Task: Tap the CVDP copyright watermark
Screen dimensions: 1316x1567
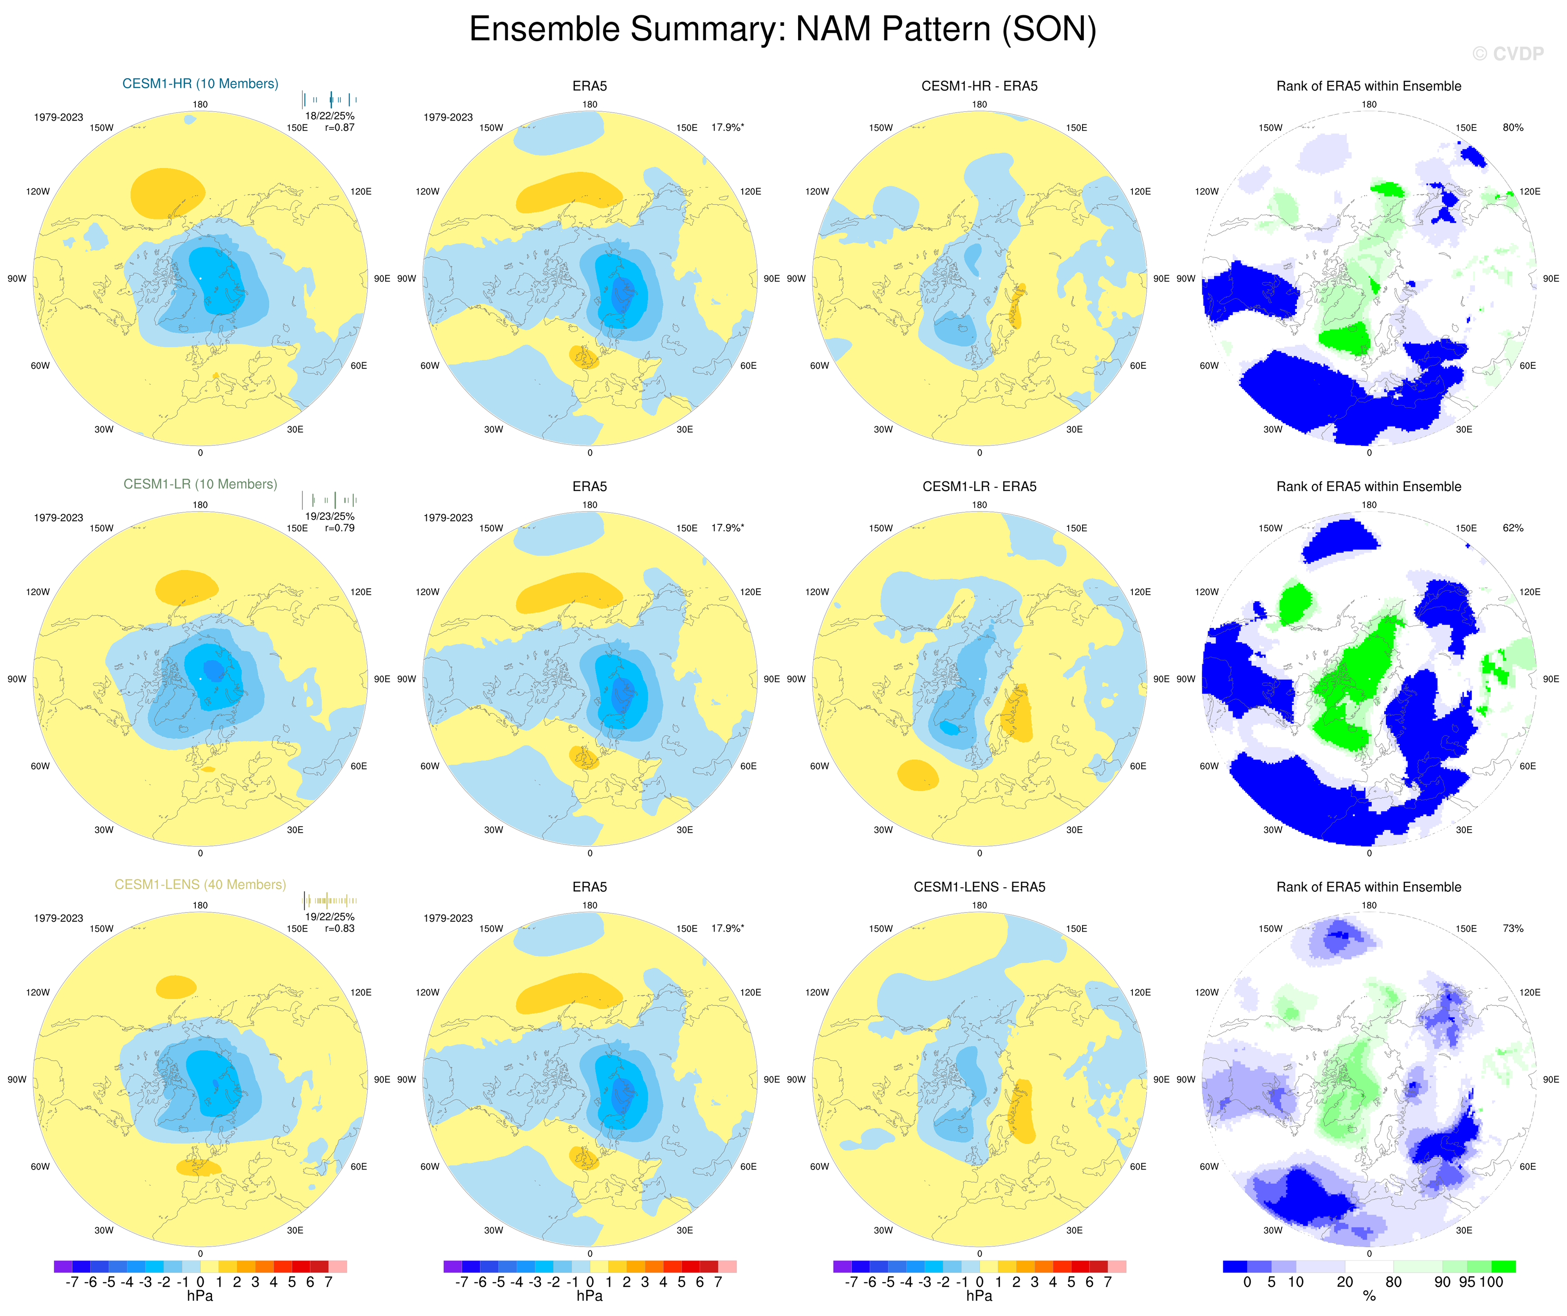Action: (x=1507, y=54)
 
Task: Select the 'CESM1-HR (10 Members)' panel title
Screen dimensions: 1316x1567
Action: (x=200, y=84)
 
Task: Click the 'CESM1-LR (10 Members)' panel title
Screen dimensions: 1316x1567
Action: (x=200, y=484)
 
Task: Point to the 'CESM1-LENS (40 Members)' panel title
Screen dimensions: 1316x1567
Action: (x=200, y=884)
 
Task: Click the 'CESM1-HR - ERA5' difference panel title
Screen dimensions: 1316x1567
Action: (x=979, y=86)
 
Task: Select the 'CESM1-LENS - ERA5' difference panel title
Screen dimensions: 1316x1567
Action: (x=979, y=887)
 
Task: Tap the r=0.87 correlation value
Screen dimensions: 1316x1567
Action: (x=339, y=128)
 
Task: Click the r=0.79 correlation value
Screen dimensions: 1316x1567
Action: (x=339, y=528)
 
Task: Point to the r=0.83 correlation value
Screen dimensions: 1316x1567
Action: (x=339, y=929)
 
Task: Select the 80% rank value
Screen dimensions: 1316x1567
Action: (x=1513, y=128)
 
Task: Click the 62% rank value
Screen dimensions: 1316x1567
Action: (x=1513, y=528)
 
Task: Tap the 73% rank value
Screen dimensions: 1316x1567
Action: (x=1513, y=929)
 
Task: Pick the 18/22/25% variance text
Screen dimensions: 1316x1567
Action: (x=330, y=116)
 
